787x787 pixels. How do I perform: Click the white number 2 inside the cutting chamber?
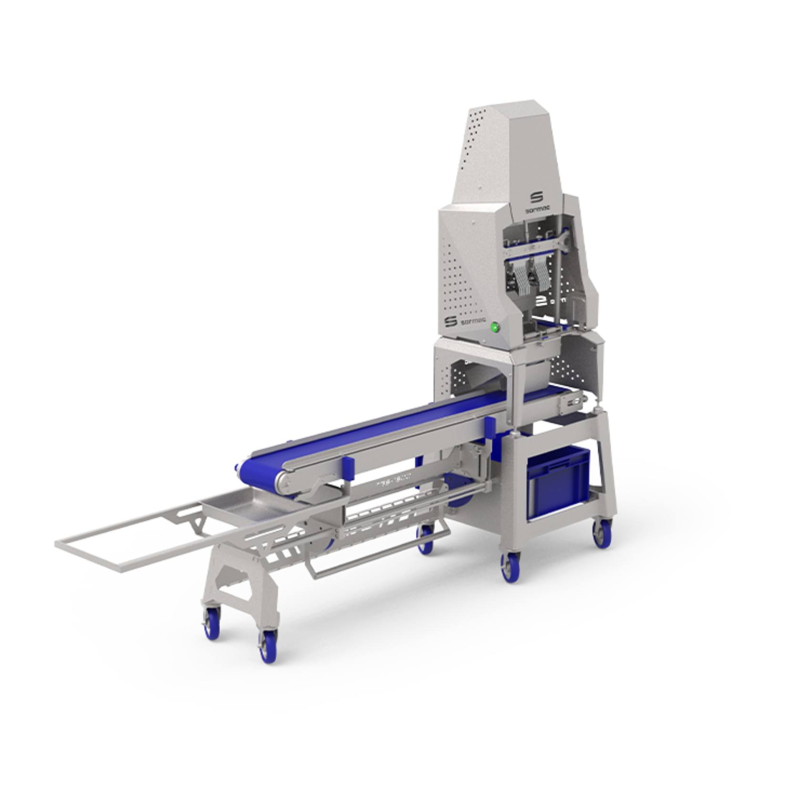(x=541, y=300)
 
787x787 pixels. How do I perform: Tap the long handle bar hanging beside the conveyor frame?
(x=377, y=553)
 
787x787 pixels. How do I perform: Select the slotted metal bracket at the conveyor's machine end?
(x=570, y=403)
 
